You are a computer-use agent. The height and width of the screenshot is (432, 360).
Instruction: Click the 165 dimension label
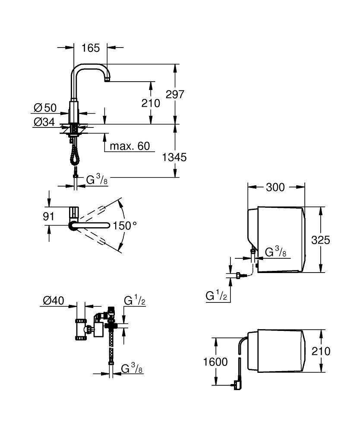coord(91,48)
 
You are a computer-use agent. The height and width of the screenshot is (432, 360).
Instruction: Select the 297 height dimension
coord(175,95)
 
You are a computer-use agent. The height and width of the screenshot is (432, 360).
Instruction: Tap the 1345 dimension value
coord(174,157)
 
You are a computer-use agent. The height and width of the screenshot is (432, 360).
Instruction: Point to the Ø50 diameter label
coord(45,108)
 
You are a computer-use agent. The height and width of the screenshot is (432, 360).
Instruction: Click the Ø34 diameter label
coord(44,122)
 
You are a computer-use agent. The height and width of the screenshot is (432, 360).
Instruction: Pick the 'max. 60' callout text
coord(129,146)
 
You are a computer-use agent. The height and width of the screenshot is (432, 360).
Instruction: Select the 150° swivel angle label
coord(125,226)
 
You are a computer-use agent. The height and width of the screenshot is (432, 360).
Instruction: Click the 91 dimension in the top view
coord(48,216)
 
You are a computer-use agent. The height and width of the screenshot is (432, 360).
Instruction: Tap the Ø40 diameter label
coord(54,300)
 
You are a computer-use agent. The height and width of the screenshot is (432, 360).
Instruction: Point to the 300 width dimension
coord(275,187)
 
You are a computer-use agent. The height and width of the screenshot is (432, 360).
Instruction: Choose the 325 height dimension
coord(321,240)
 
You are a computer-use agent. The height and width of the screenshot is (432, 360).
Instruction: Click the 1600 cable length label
coord(215,362)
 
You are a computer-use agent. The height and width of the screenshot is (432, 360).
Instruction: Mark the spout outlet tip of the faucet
coord(107,80)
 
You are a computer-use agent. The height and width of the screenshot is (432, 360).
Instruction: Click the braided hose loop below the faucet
coord(74,154)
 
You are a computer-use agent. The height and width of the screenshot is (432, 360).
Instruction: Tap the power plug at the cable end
coord(237,384)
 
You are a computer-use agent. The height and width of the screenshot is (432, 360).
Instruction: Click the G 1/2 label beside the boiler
coord(216,296)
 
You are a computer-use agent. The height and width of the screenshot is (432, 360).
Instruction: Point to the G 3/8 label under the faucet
coord(97,180)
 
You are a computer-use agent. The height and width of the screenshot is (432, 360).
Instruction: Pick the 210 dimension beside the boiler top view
coord(321,351)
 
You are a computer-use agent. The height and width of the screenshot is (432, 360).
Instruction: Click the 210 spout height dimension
coord(151,103)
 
